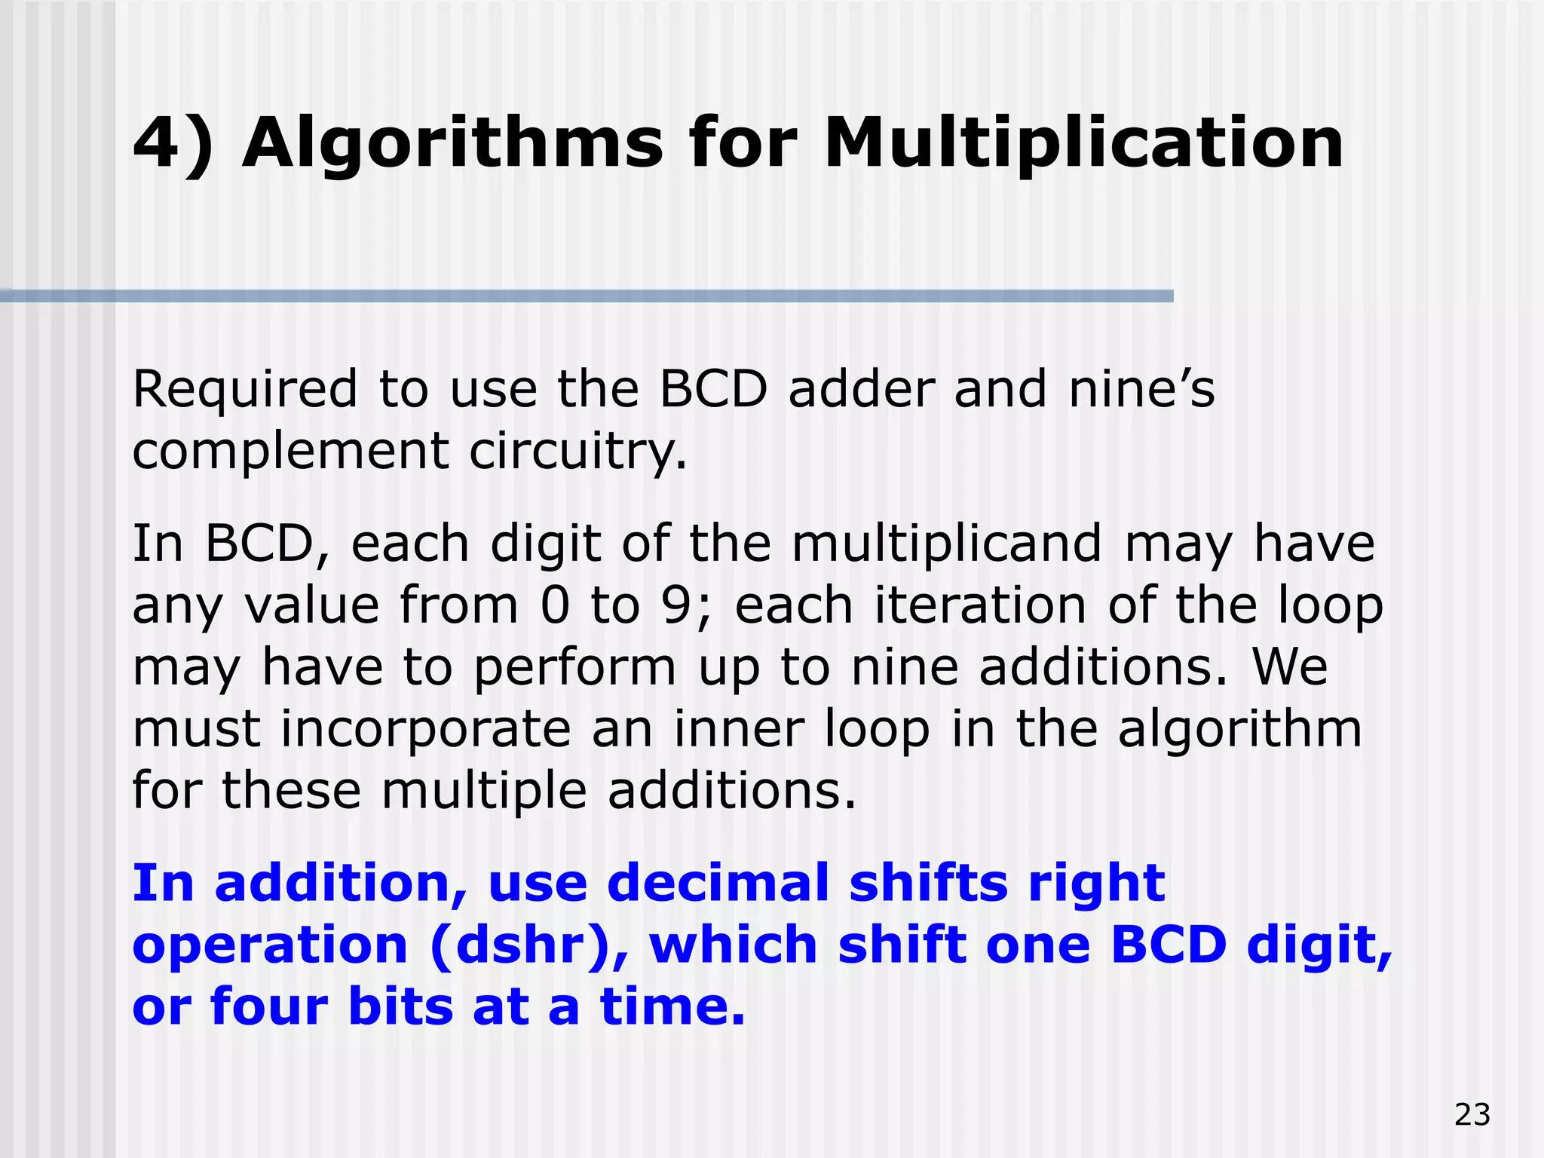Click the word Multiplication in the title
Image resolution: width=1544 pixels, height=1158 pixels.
tap(1083, 143)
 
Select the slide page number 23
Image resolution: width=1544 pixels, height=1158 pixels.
tap(1472, 1114)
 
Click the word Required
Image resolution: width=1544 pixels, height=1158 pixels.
tap(245, 390)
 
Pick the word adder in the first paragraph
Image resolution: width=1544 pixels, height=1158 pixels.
tap(861, 390)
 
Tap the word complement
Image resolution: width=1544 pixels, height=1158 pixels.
tap(290, 452)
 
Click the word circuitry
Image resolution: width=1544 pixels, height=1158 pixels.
tap(577, 452)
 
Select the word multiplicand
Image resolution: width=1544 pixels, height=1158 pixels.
tap(947, 544)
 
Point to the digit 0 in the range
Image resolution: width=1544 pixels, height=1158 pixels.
tap(554, 605)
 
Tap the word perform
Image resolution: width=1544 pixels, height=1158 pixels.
tap(574, 668)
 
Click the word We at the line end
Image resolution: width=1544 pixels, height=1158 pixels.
tap(1290, 668)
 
